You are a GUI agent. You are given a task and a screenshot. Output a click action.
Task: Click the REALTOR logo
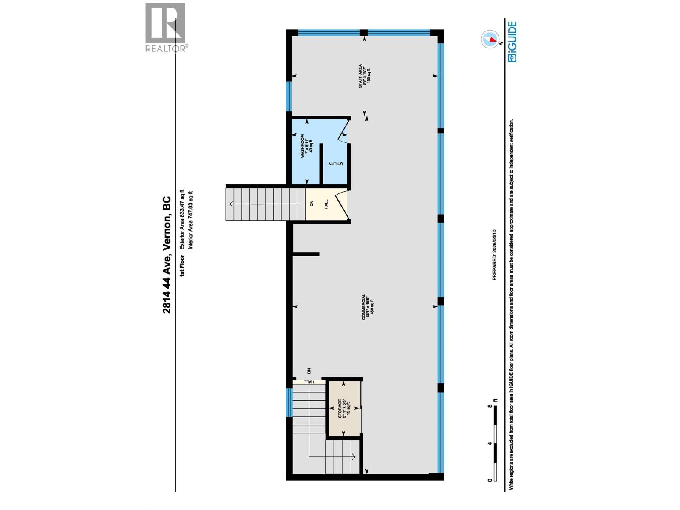(165, 27)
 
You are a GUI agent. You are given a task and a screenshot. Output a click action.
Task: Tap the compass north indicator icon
(490, 39)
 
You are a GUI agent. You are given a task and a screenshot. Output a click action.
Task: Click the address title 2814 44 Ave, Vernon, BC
(167, 255)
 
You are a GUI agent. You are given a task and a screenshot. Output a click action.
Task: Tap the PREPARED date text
(494, 255)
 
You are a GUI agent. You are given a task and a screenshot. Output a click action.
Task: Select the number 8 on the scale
(490, 406)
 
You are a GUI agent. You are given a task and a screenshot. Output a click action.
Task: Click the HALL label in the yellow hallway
(326, 204)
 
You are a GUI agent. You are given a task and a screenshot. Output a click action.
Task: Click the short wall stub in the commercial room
(306, 255)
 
